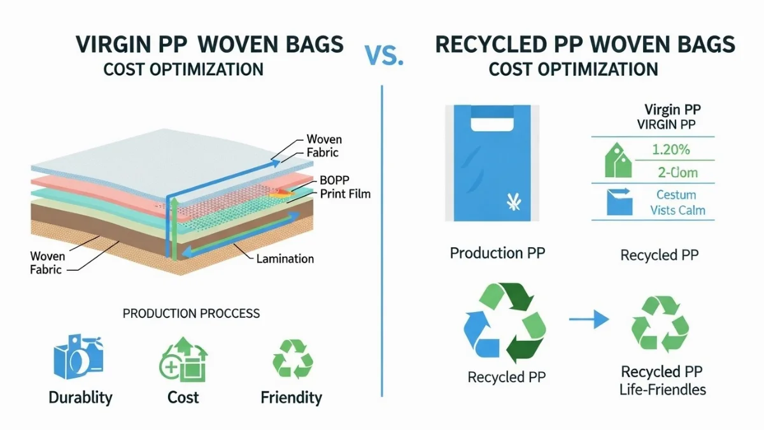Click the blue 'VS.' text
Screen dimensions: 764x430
pos(384,55)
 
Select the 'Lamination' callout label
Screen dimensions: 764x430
pos(285,259)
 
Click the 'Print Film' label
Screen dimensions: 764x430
pos(345,194)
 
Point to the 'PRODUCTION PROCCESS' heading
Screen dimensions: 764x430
pos(191,313)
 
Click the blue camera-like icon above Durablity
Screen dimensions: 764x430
pos(79,357)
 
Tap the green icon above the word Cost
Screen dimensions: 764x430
pos(183,359)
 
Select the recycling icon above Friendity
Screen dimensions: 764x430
pos(293,359)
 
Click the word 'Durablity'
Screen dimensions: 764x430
pos(80,398)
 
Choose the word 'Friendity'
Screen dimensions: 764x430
pos(292,398)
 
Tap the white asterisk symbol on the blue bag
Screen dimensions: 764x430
pos(514,201)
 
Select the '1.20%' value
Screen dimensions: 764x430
pos(671,150)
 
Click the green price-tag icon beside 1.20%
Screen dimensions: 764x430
pos(618,160)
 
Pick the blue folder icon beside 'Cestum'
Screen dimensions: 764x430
pos(619,201)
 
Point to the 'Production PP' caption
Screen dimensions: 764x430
pos(497,254)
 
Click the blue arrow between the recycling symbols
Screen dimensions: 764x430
pos(589,319)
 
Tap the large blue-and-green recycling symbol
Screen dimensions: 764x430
pos(505,322)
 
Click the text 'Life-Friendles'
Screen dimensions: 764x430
pos(662,390)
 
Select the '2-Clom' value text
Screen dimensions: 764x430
pos(677,173)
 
